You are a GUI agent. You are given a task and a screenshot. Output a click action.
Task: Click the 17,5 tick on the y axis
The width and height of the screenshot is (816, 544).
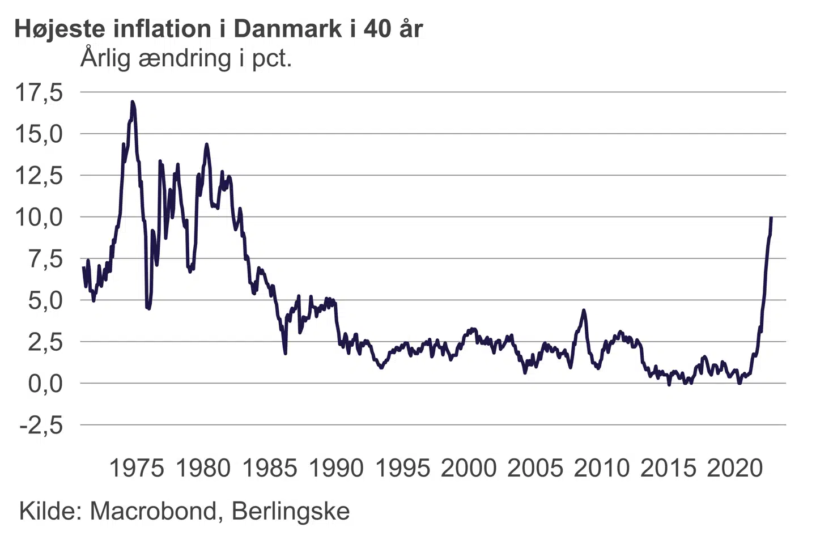pyautogui.click(x=39, y=92)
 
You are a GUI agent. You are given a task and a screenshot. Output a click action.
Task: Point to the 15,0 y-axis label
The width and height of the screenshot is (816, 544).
pyautogui.click(x=39, y=134)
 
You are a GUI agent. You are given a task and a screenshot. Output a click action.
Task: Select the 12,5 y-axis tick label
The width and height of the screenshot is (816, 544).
pyautogui.click(x=39, y=176)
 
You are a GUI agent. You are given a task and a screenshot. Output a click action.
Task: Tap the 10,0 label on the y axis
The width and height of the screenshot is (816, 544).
pyautogui.click(x=39, y=217)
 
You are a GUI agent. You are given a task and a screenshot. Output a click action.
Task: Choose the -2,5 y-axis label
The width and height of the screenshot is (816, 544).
pyautogui.click(x=41, y=425)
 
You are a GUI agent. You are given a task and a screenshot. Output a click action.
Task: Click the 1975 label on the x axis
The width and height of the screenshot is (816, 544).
pyautogui.click(x=136, y=468)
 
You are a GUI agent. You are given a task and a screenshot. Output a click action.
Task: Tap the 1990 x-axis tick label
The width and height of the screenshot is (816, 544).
pyautogui.click(x=336, y=468)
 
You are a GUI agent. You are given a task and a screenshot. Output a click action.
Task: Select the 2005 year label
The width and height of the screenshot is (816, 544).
pyautogui.click(x=535, y=468)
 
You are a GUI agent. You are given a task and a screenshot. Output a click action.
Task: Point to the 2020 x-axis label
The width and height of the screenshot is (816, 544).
pyautogui.click(x=735, y=468)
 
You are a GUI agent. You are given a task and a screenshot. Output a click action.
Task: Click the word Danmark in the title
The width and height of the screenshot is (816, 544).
pyautogui.click(x=288, y=29)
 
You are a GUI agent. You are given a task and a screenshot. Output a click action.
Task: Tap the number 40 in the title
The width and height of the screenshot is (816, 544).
pyautogui.click(x=378, y=29)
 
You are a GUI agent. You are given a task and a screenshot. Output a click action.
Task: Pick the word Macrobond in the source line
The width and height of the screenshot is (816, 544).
pyautogui.click(x=153, y=511)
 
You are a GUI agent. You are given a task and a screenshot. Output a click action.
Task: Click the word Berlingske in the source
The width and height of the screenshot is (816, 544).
pyautogui.click(x=291, y=511)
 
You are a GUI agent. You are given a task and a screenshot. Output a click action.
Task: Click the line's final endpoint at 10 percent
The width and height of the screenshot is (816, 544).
pyautogui.click(x=771, y=218)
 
